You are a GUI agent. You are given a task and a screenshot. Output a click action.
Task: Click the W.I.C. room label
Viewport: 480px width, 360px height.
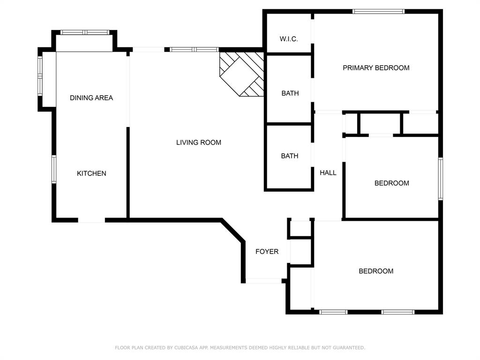pos(288,39)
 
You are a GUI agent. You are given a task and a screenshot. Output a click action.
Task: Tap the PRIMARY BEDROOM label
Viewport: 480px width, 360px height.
pos(376,67)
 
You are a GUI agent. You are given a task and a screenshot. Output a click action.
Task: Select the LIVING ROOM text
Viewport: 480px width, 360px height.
pos(199,142)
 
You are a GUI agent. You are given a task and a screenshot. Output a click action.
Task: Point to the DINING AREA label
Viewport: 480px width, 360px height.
pos(91,97)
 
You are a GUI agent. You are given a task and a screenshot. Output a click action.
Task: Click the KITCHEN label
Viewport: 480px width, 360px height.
pos(91,173)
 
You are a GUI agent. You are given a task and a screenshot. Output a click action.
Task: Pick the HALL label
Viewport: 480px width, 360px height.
pos(328,172)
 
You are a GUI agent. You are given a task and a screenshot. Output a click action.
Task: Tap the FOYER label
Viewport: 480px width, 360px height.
pos(267,251)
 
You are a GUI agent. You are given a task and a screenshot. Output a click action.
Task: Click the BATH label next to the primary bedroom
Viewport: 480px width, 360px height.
pos(290,93)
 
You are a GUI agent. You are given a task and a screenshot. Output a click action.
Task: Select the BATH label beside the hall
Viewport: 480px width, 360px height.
pos(290,156)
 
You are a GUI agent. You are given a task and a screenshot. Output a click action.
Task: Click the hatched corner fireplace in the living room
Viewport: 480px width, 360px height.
pos(242,74)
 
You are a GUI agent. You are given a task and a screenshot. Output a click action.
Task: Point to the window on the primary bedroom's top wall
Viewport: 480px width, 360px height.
pos(378,12)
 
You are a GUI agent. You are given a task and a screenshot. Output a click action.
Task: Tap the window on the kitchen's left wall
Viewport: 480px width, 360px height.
pos(54,169)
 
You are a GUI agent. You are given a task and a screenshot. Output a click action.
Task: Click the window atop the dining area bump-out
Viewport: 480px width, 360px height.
pos(85,32)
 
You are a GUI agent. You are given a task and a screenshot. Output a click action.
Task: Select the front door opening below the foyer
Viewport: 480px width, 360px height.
pos(263,281)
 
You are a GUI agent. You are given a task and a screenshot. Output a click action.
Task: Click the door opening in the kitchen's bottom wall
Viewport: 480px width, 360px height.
pos(91,220)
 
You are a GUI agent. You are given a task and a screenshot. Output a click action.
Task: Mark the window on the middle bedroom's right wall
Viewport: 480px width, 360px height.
pos(441,179)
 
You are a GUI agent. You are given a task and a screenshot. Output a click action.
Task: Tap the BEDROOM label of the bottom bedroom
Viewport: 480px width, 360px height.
pos(376,271)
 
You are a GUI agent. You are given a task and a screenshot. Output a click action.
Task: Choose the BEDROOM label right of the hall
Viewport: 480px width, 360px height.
pos(391,183)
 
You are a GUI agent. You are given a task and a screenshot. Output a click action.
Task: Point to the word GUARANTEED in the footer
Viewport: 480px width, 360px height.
pos(349,347)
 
